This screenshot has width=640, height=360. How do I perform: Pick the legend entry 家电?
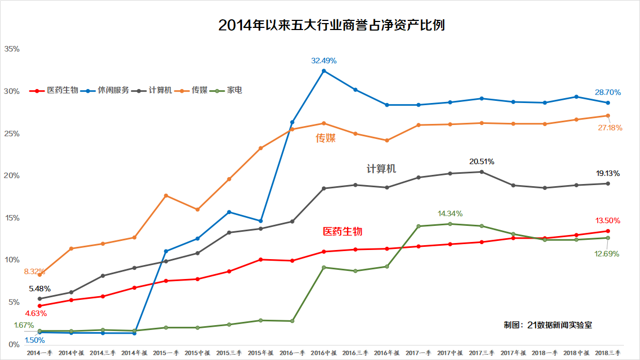[x=234, y=90]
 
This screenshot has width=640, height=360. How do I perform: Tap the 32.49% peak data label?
[x=324, y=61]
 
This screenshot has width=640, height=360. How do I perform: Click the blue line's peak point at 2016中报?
[x=323, y=71]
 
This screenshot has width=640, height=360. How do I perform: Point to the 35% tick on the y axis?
[x=12, y=49]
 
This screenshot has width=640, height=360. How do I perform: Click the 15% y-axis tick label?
[x=12, y=218]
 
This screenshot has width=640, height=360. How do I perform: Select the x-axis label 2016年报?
[x=387, y=353]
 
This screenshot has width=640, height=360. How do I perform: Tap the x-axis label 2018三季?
[x=608, y=353]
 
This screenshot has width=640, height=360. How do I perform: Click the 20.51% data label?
[x=481, y=161]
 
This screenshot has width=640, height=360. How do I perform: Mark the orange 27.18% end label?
[x=609, y=128]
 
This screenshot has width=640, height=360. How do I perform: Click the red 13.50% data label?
[x=608, y=221]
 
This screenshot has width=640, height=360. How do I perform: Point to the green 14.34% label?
[x=450, y=214]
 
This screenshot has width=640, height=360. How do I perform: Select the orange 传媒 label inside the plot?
[x=326, y=138]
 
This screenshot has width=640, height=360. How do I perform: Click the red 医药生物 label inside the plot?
[x=342, y=231]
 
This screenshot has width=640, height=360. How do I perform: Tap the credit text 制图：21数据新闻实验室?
[x=548, y=325]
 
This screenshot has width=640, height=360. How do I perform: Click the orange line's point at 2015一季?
[x=166, y=195]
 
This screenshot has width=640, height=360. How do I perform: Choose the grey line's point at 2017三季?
[x=481, y=172]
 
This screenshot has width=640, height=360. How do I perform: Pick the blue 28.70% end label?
[x=608, y=93]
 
